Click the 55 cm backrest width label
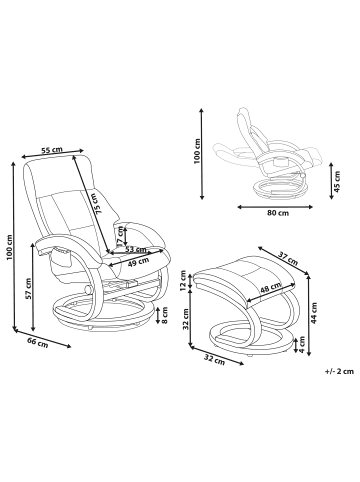click(52, 150)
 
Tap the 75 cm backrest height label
click(98, 203)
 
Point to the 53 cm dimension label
click(136, 249)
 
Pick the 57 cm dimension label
click(28, 289)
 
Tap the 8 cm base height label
click(165, 315)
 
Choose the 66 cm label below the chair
click(38, 343)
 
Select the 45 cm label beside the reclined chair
click(337, 182)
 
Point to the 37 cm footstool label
click(288, 258)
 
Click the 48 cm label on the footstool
click(271, 288)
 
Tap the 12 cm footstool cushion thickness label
click(184, 280)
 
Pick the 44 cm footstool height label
click(314, 313)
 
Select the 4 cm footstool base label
click(302, 344)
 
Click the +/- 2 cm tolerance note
click(339, 371)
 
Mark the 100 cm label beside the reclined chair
click(197, 151)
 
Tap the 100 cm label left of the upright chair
click(9, 247)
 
